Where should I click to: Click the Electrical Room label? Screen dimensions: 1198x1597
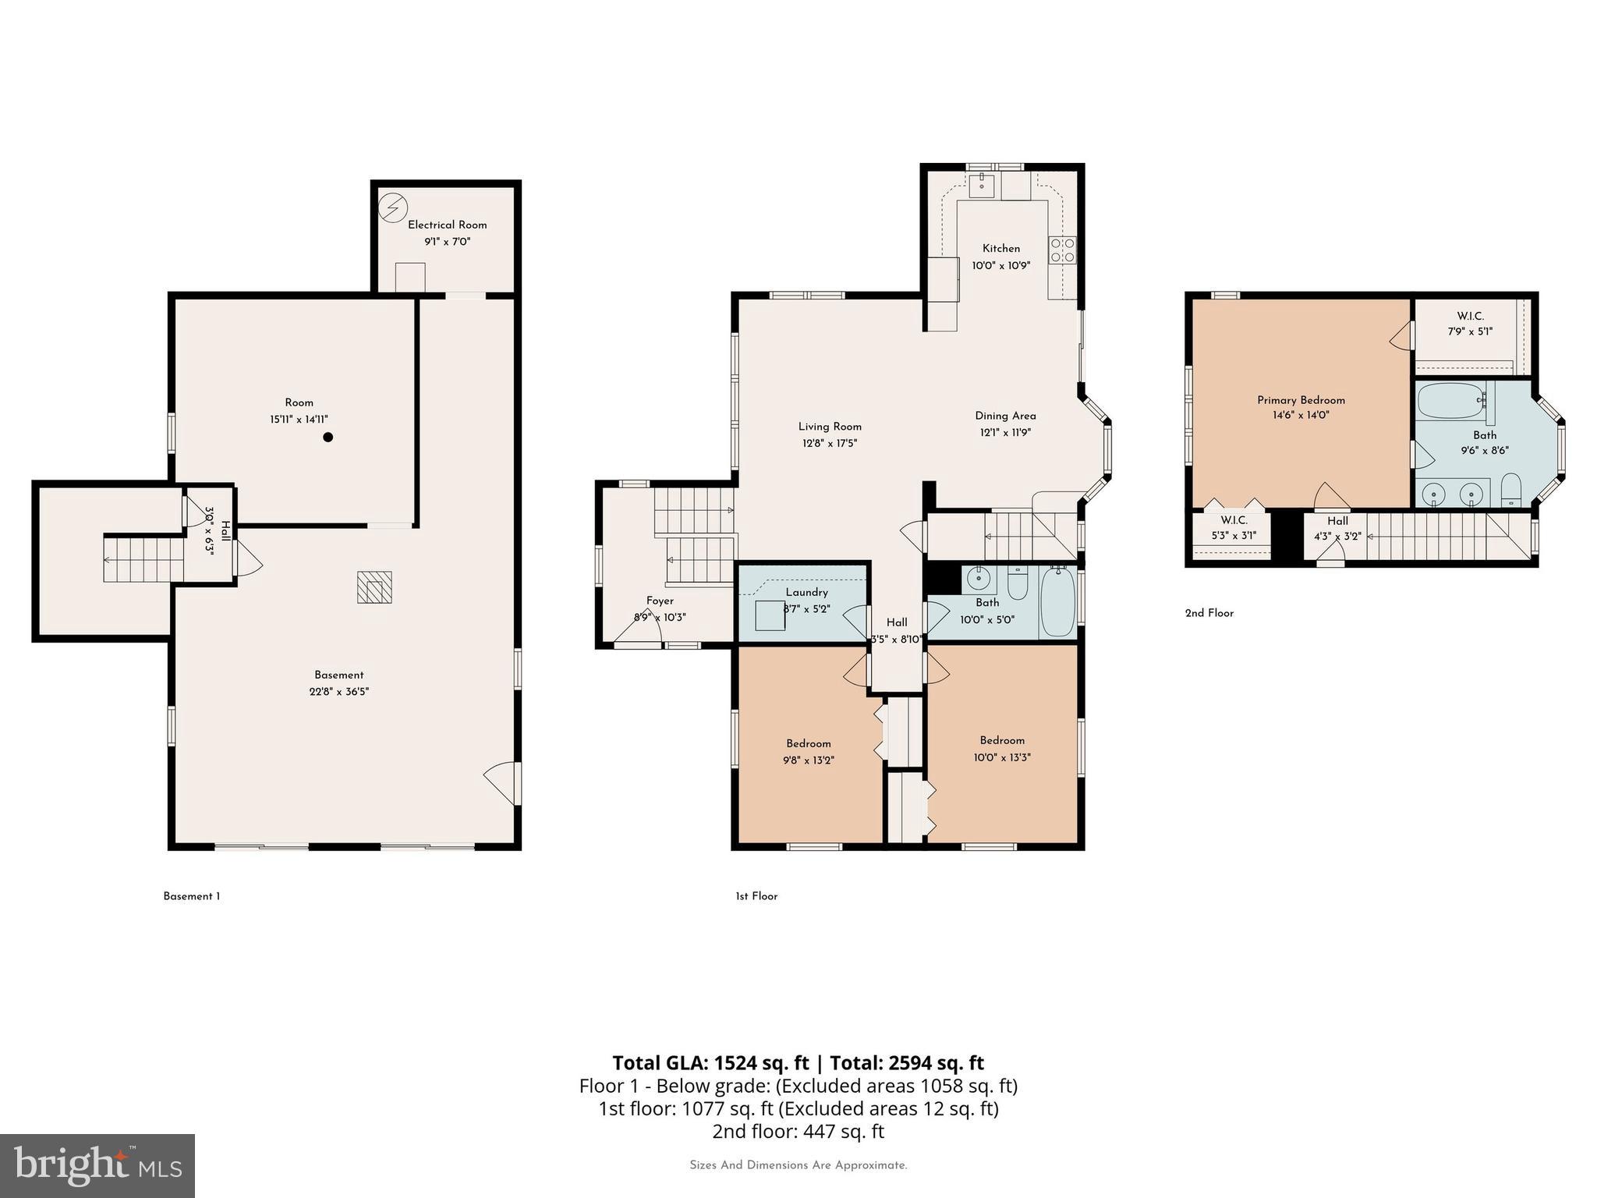click(447, 225)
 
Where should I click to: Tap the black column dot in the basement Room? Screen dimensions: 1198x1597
click(328, 438)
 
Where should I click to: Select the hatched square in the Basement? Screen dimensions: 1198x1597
click(374, 587)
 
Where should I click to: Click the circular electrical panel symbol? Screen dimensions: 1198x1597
click(393, 207)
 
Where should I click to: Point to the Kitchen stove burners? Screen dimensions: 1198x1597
click(1062, 250)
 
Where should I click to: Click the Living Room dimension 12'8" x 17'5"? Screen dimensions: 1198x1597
click(830, 443)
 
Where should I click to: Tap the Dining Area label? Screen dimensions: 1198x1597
click(1005, 416)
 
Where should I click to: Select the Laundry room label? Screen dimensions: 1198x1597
click(806, 592)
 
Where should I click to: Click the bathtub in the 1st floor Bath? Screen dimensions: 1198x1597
click(1057, 602)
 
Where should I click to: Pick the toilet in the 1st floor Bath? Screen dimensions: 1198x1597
click(1018, 583)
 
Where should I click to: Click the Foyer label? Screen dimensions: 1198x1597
click(660, 601)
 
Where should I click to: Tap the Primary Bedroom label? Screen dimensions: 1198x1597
click(1301, 400)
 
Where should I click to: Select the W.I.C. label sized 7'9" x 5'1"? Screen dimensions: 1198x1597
click(1470, 316)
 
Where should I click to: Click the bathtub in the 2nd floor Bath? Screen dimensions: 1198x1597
click(1450, 401)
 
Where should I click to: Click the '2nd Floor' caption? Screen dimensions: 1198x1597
click(1209, 613)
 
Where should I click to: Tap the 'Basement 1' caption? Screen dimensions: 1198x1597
click(191, 896)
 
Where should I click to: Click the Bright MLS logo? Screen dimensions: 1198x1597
click(97, 1166)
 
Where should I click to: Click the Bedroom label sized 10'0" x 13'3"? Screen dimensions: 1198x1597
click(1002, 740)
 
